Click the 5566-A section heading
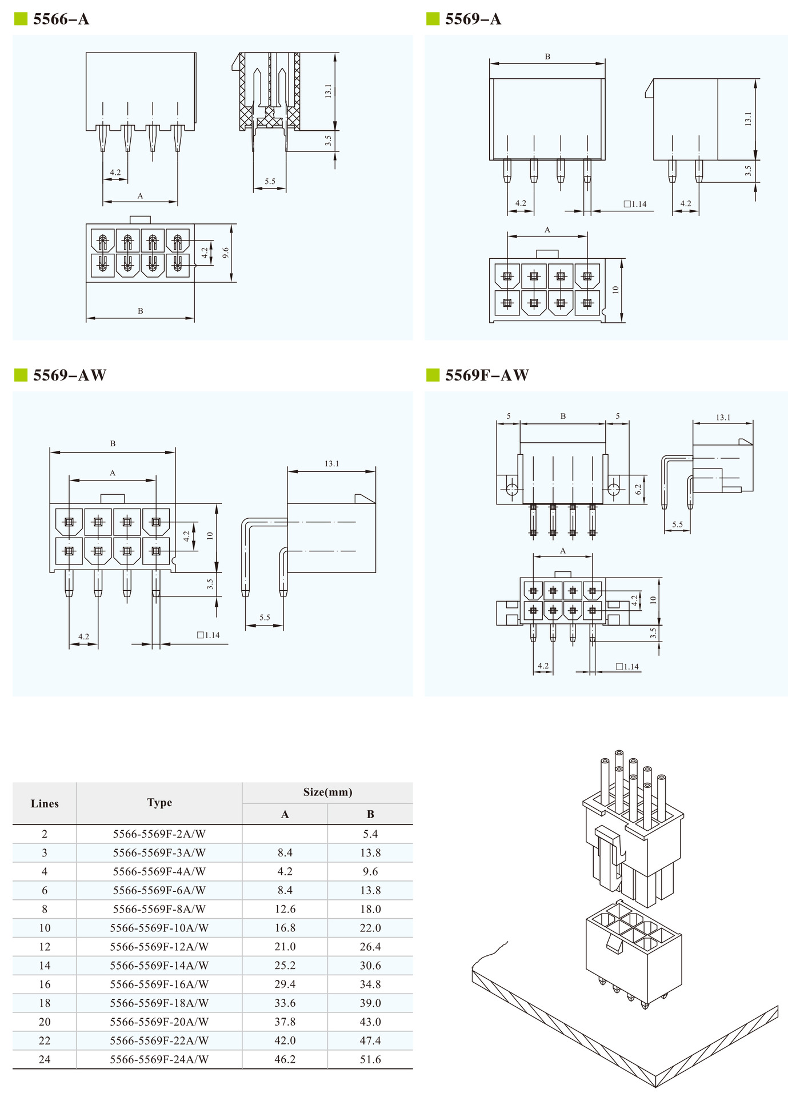click(x=61, y=19)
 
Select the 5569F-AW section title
click(x=487, y=375)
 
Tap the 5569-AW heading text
click(x=70, y=375)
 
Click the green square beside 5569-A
click(x=433, y=19)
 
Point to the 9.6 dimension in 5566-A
click(x=226, y=253)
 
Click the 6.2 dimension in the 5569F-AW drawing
click(x=638, y=489)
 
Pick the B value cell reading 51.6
click(x=370, y=1059)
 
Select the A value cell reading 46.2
click(x=285, y=1059)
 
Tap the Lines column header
click(x=45, y=803)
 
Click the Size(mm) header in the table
click(x=327, y=792)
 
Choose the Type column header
click(x=159, y=802)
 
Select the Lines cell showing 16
click(x=45, y=984)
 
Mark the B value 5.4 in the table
click(x=370, y=834)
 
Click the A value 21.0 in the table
click(x=285, y=947)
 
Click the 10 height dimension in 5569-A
click(x=615, y=290)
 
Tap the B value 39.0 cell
click(x=370, y=1003)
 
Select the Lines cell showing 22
click(x=45, y=1040)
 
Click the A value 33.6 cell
click(x=285, y=1003)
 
